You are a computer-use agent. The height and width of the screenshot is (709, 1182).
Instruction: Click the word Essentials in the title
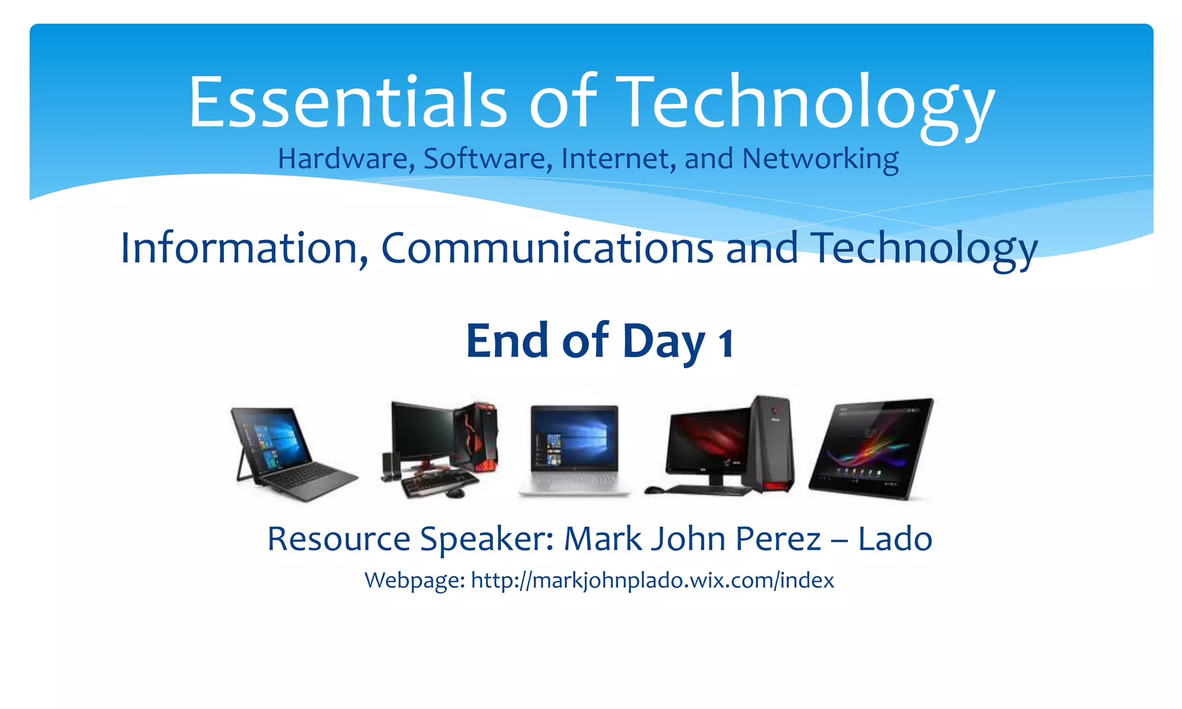click(x=347, y=103)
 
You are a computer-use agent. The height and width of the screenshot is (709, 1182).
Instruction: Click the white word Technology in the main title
click(x=805, y=103)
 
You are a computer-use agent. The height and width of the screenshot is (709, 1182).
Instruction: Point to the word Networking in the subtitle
click(x=820, y=159)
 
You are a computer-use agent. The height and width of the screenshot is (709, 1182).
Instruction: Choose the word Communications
click(x=547, y=248)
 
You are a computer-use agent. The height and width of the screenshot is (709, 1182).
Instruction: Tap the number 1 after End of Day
click(x=725, y=343)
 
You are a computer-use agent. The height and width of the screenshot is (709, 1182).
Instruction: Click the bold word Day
click(x=664, y=342)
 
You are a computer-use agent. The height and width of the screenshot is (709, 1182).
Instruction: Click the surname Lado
click(x=895, y=539)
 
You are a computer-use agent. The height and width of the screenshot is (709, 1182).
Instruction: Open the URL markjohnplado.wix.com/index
click(x=652, y=580)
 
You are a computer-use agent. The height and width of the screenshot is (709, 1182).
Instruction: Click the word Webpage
click(x=414, y=580)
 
